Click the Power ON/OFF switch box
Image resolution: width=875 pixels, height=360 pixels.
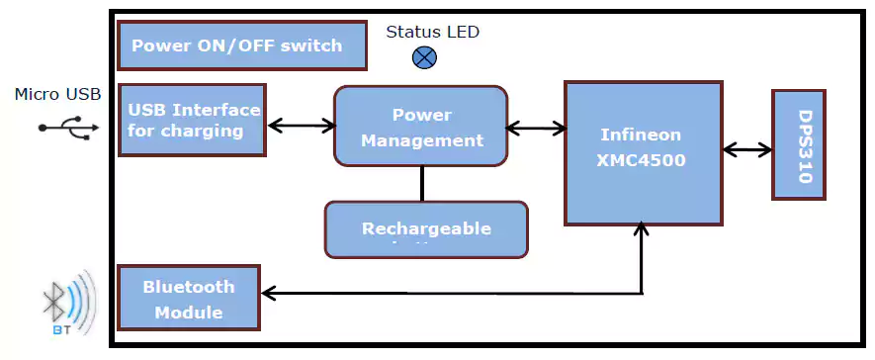pos(242,45)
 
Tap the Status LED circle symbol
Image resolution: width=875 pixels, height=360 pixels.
pos(424,57)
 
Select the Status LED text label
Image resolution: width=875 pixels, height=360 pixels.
pos(432,32)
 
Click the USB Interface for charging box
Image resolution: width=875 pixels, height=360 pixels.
pos(192,120)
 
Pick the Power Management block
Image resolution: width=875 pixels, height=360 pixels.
pos(421,126)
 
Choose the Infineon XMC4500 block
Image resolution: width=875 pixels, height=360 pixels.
pos(643,153)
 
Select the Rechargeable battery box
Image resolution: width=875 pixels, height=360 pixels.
pos(425,229)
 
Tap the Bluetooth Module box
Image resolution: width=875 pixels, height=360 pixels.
pos(188,298)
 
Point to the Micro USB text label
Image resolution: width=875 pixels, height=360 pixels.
pos(57,95)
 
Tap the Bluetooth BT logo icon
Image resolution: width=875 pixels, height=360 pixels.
pos(67,304)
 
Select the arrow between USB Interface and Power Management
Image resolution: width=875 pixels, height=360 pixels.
pos(302,125)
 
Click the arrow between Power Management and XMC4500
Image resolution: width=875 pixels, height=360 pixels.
pos(536,127)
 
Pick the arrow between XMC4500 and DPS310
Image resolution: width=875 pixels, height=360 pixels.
pos(747,149)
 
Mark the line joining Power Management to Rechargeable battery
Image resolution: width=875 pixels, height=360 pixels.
pos(422,184)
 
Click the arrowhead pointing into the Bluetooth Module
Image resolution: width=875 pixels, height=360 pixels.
pos(268,293)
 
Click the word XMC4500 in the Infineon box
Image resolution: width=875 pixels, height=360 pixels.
pos(643,159)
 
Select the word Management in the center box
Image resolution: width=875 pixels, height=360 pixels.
pos(422,140)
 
